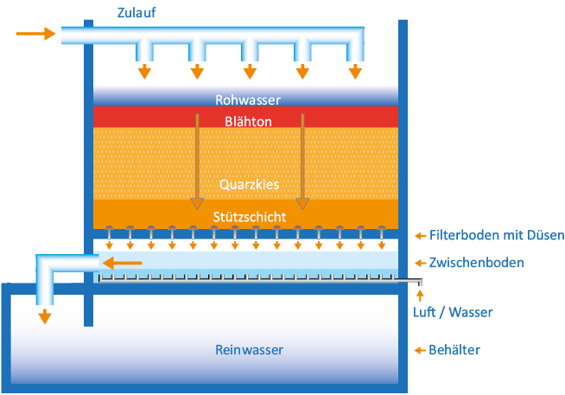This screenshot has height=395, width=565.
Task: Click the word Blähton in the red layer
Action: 248,121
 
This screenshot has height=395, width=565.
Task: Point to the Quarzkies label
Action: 247,184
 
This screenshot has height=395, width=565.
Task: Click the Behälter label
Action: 454,350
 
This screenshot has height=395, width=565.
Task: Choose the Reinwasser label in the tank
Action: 249,349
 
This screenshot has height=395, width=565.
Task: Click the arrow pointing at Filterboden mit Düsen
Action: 421,235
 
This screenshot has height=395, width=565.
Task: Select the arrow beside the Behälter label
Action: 421,350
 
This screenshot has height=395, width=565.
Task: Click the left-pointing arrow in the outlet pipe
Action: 128,262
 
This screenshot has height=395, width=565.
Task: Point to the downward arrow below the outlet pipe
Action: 45,315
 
